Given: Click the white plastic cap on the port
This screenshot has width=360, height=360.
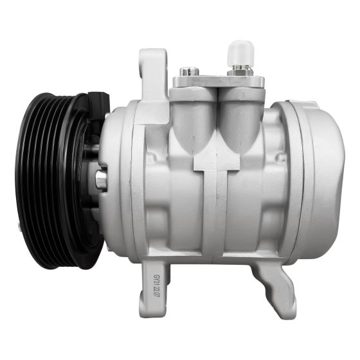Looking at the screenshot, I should pyautogui.click(x=239, y=51).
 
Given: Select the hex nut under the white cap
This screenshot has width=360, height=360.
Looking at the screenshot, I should pyautogui.click(x=239, y=69).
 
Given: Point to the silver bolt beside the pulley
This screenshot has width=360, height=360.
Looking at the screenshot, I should pyautogui.click(x=102, y=179).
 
